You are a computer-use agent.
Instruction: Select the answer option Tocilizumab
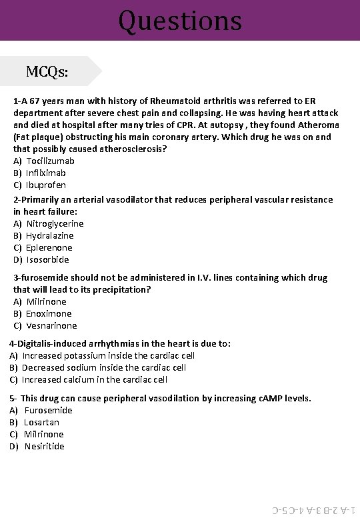50,161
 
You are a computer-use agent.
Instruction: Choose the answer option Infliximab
46,173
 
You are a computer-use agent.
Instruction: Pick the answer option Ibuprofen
46,185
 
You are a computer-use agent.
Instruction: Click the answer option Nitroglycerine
55,223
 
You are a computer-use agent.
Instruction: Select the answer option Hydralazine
50,235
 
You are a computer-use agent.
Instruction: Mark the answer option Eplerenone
49,247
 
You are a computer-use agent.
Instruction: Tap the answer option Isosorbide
47,259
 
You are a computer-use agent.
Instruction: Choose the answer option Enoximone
49,313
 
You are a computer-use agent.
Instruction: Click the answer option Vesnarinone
51,325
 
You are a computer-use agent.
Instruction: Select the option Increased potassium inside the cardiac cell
108,355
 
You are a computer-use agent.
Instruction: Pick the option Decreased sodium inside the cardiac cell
103,367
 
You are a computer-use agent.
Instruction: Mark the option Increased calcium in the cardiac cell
94,379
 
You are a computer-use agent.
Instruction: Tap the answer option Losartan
41,422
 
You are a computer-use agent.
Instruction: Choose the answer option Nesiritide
44,446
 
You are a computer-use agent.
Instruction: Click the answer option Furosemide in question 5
48,410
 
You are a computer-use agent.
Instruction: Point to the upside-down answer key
313,511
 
